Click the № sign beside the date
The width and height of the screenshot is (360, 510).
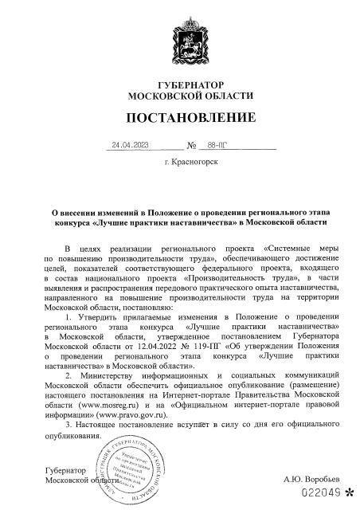pyautogui.click(x=191, y=147)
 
